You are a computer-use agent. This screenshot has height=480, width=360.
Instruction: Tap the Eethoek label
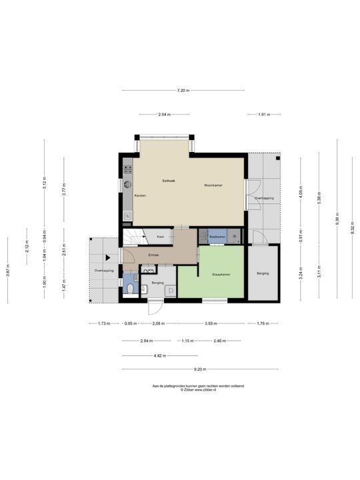169,181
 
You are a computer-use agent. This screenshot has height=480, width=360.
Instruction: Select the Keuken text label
140,195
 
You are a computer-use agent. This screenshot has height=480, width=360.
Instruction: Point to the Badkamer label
217,237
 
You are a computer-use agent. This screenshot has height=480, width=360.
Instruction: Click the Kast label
161,237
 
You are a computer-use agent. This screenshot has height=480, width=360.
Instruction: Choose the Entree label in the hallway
153,255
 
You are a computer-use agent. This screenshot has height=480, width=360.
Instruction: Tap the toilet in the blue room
129,288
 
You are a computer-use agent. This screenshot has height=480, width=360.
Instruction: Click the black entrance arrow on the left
107,257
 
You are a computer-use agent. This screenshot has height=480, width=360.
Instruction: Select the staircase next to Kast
135,237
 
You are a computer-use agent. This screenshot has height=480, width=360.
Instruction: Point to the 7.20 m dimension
183,91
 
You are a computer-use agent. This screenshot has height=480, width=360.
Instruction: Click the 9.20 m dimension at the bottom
199,369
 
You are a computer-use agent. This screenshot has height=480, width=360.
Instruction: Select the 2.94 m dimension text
165,115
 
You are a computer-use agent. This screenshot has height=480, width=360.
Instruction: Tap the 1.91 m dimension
264,115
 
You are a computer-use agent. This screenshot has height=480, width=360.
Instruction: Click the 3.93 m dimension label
211,324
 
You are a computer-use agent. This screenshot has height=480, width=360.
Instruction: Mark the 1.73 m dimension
103,324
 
